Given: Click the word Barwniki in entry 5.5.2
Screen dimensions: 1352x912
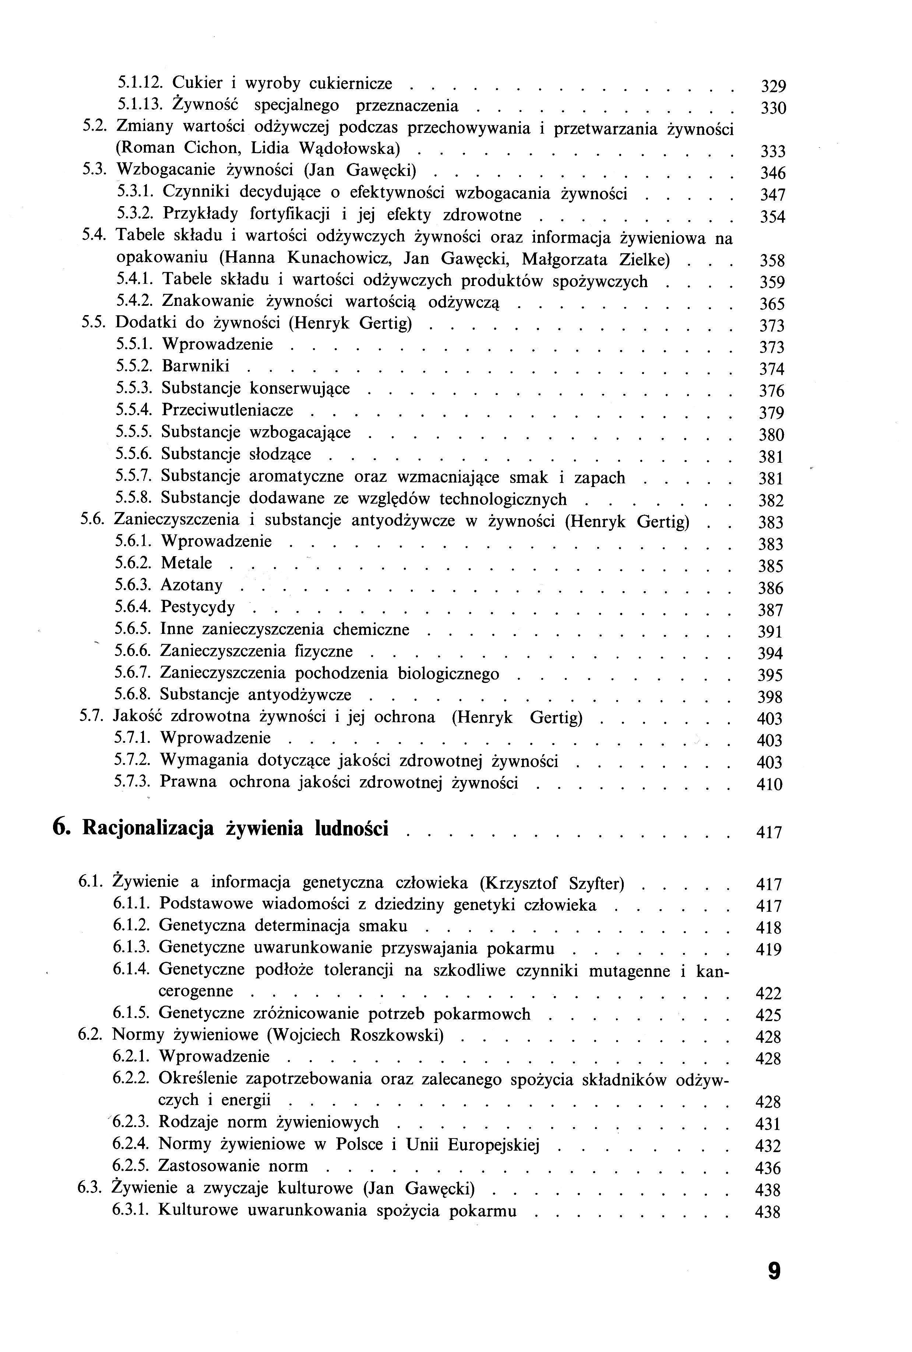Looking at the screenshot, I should (196, 366).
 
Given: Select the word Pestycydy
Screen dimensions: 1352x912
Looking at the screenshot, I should (198, 608).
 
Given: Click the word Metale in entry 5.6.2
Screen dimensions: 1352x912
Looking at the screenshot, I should (186, 563).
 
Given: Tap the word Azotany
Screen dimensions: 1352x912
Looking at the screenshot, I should (191, 585).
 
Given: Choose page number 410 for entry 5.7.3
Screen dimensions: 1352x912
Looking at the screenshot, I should (770, 785).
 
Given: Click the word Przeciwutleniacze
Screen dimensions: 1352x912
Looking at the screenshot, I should (228, 410).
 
